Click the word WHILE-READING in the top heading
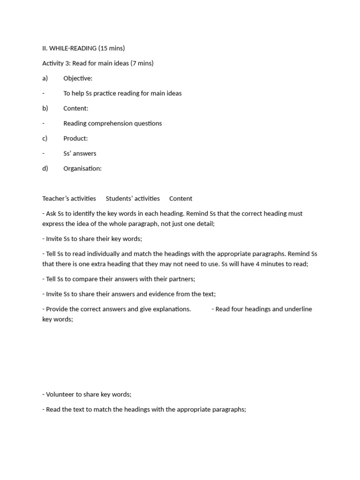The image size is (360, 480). [73, 48]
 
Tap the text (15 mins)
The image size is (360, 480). [112, 48]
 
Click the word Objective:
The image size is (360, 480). [78, 78]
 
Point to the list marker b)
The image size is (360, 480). [45, 108]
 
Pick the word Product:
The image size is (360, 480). [75, 138]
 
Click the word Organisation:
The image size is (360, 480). [82, 168]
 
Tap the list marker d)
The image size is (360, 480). [45, 168]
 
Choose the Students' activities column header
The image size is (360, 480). [133, 198]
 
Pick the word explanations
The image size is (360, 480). [170, 309]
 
